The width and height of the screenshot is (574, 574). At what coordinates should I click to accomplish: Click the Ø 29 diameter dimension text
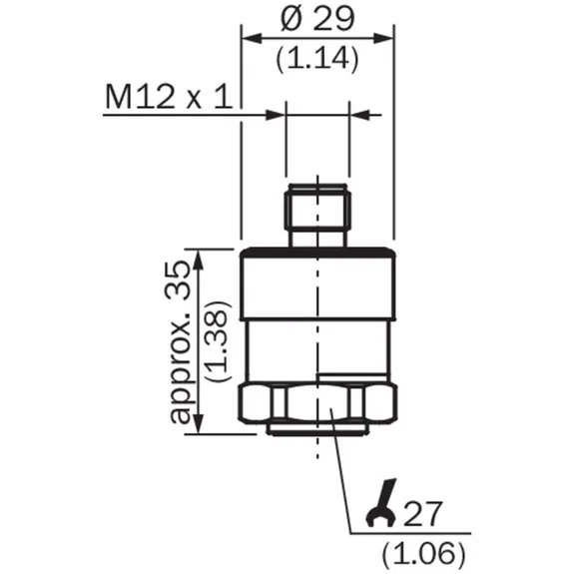click(x=317, y=18)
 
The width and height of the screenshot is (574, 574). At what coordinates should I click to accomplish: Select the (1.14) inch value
click(x=317, y=59)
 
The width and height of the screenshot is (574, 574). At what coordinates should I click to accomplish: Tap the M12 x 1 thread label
click(x=169, y=96)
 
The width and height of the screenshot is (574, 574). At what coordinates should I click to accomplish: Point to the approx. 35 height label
click(x=180, y=343)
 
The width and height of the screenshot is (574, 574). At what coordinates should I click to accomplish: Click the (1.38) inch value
click(x=218, y=342)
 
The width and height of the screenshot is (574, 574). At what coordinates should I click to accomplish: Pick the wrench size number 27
click(x=423, y=513)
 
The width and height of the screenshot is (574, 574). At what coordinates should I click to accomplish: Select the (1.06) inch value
click(x=424, y=553)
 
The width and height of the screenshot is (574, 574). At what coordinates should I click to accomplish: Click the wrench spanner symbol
click(x=381, y=502)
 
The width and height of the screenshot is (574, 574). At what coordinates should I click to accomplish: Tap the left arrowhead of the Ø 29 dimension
click(x=253, y=38)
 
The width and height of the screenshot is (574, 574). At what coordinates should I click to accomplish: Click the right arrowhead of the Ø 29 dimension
click(x=383, y=38)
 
